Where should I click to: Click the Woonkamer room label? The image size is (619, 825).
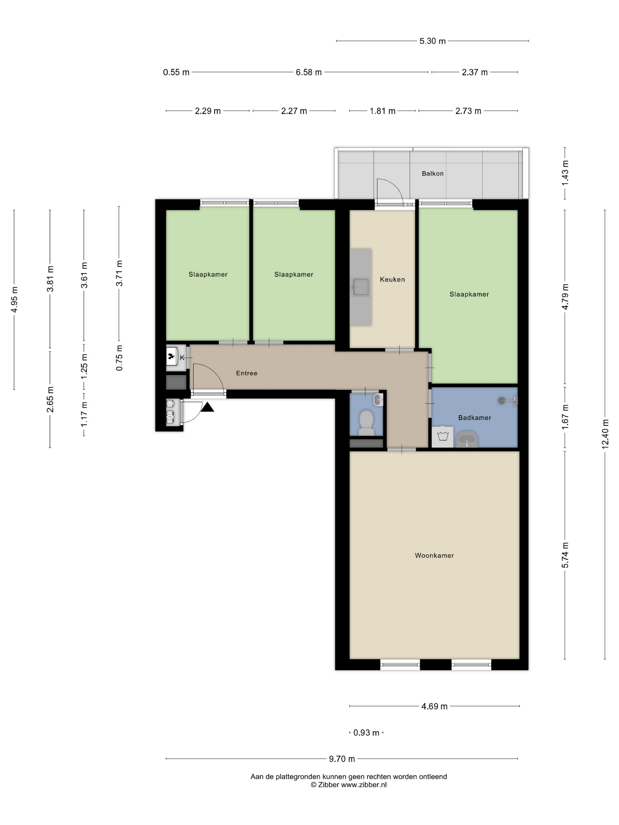coord(434,555)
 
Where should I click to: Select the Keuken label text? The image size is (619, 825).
coord(392,279)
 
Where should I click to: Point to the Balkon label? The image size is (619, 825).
coord(432,174)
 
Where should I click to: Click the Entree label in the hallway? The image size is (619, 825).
coord(247,373)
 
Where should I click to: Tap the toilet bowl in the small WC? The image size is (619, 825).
coord(366,423)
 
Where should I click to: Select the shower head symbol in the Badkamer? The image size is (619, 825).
coord(508,400)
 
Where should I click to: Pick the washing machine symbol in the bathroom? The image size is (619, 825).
coord(442,436)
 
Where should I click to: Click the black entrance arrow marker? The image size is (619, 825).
coord(208,407)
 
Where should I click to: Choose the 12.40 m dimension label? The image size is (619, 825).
coord(605,433)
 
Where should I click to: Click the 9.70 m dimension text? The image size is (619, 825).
coord(342,759)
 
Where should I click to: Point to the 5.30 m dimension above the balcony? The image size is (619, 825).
coord(432,41)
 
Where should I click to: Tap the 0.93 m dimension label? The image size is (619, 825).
coord(366,732)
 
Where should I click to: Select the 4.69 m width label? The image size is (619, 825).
coord(434,706)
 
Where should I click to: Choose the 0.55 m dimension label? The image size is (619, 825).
coord(176,72)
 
